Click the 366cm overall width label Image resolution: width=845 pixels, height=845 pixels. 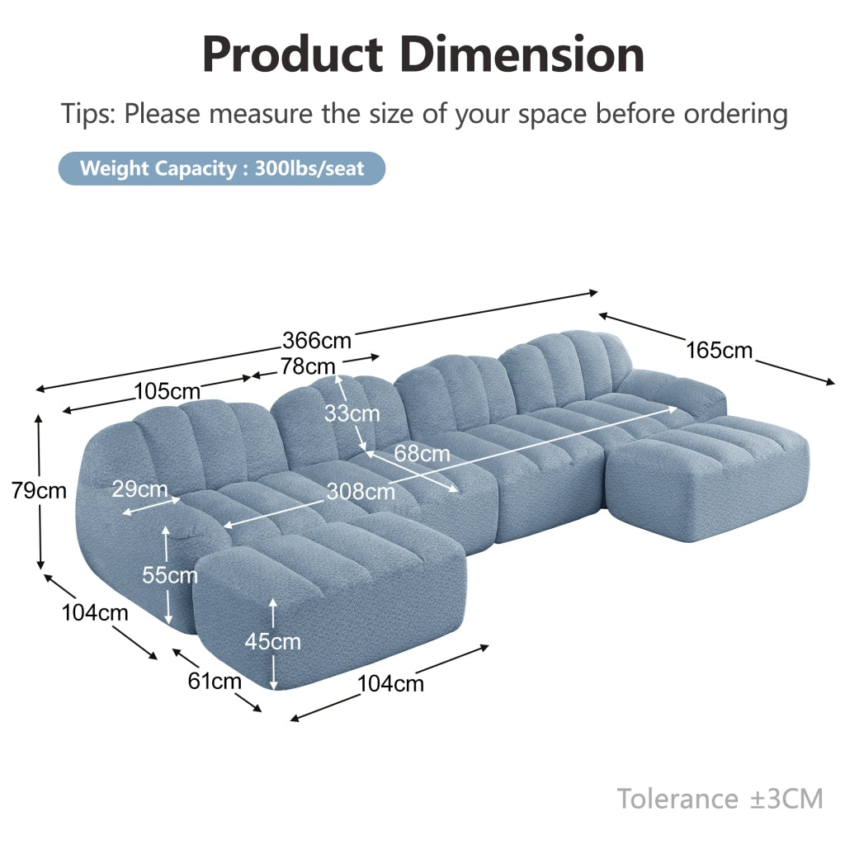tap(317, 341)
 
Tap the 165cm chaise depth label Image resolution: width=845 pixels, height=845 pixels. tap(719, 350)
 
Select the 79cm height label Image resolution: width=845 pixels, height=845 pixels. tap(39, 491)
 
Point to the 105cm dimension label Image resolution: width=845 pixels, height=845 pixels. tap(167, 391)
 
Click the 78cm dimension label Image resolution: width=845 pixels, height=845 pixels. tap(308, 366)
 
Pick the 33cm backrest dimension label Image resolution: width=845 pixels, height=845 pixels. tap(352, 414)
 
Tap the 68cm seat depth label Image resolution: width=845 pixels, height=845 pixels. tap(422, 454)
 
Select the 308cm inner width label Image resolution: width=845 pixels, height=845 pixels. tap(361, 492)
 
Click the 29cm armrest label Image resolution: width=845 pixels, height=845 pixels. tap(140, 489)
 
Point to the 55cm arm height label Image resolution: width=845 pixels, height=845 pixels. tap(170, 575)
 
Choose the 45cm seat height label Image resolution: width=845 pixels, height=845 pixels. tap(272, 642)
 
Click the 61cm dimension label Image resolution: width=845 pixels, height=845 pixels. tap(215, 682)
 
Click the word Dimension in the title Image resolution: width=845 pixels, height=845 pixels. tap(522, 54)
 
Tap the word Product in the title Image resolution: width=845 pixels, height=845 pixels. tap(293, 54)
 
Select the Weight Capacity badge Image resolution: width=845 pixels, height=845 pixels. tap(222, 168)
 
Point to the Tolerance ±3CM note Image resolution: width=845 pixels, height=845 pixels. tap(720, 799)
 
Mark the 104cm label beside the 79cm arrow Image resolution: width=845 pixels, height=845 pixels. tap(95, 613)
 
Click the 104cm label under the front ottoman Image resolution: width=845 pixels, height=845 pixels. tap(390, 684)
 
